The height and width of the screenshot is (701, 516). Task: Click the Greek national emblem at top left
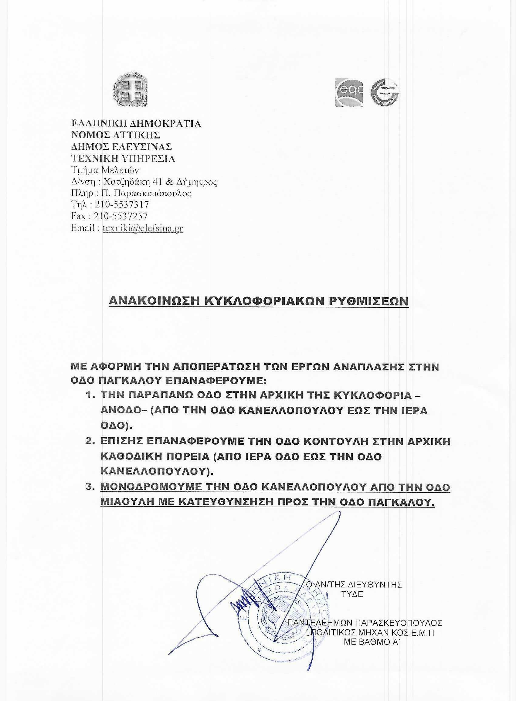(x=130, y=89)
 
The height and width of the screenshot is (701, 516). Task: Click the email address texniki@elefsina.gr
(x=142, y=228)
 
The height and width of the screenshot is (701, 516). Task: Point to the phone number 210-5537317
(x=121, y=205)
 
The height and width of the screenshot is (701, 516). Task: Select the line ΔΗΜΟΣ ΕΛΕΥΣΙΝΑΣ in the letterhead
(x=121, y=147)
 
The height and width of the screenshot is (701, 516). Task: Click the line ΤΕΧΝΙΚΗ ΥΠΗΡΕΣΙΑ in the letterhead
(x=123, y=159)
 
